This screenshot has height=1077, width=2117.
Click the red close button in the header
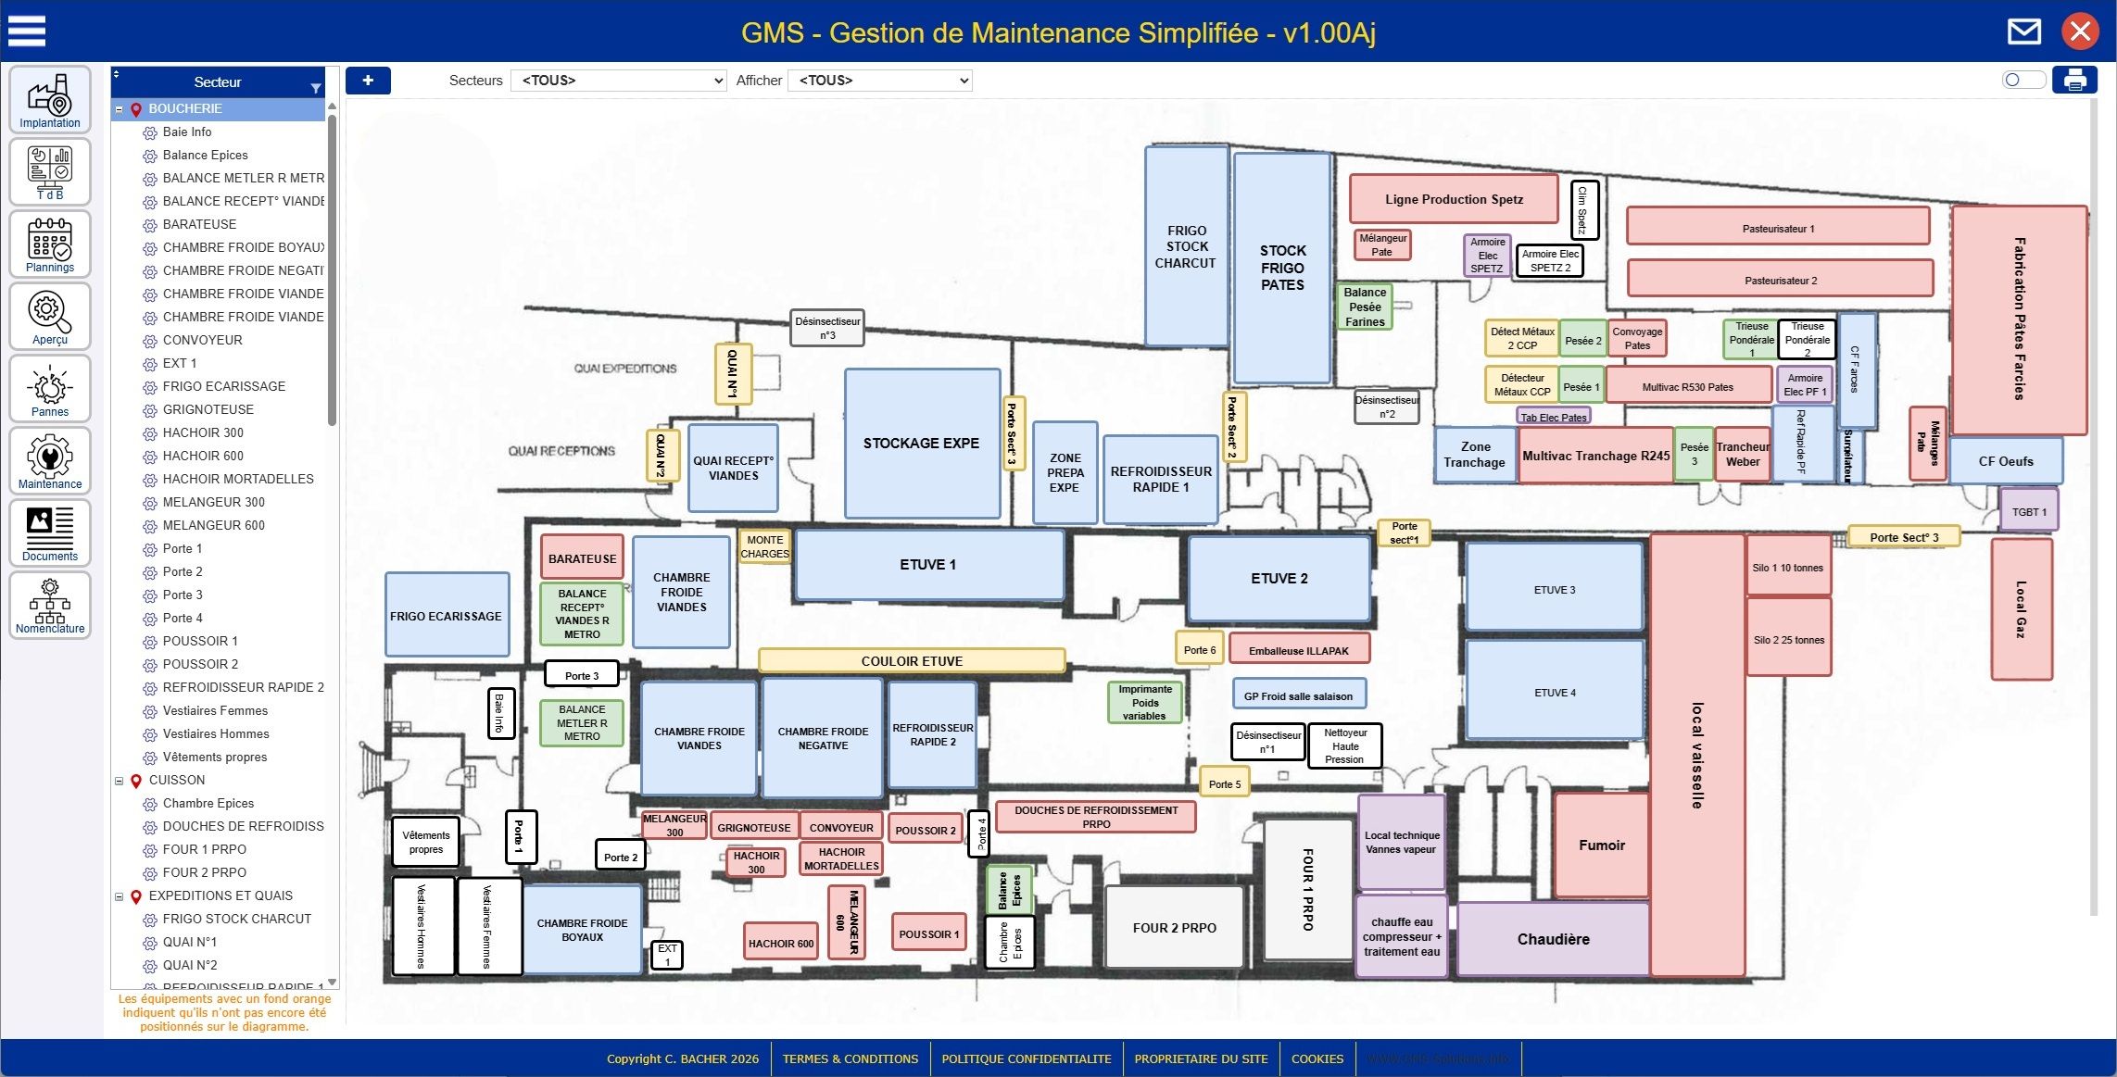[x=2080, y=31]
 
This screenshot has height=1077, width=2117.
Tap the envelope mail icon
[x=2023, y=31]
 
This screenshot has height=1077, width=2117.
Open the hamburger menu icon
[x=27, y=31]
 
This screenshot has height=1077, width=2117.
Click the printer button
[x=2074, y=81]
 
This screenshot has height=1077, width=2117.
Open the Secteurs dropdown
[x=619, y=81]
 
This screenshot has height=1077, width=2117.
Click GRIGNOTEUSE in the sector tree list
[x=208, y=409]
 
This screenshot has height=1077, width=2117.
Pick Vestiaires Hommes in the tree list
[x=216, y=733]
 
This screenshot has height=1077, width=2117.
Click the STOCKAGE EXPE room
[x=921, y=444]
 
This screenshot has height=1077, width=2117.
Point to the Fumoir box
[x=1601, y=845]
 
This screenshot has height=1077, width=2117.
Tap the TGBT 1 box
[x=2029, y=512]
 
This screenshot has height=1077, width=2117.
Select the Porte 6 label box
[x=1199, y=650]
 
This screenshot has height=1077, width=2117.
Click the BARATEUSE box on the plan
[x=582, y=558]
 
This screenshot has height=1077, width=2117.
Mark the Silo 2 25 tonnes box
[x=1788, y=639]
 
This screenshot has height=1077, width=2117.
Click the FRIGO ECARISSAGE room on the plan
[x=446, y=616]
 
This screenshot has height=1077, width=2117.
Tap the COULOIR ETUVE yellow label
[x=912, y=660]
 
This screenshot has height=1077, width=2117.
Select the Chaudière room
[x=1553, y=939]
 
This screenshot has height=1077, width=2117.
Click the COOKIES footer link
[x=1317, y=1058]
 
